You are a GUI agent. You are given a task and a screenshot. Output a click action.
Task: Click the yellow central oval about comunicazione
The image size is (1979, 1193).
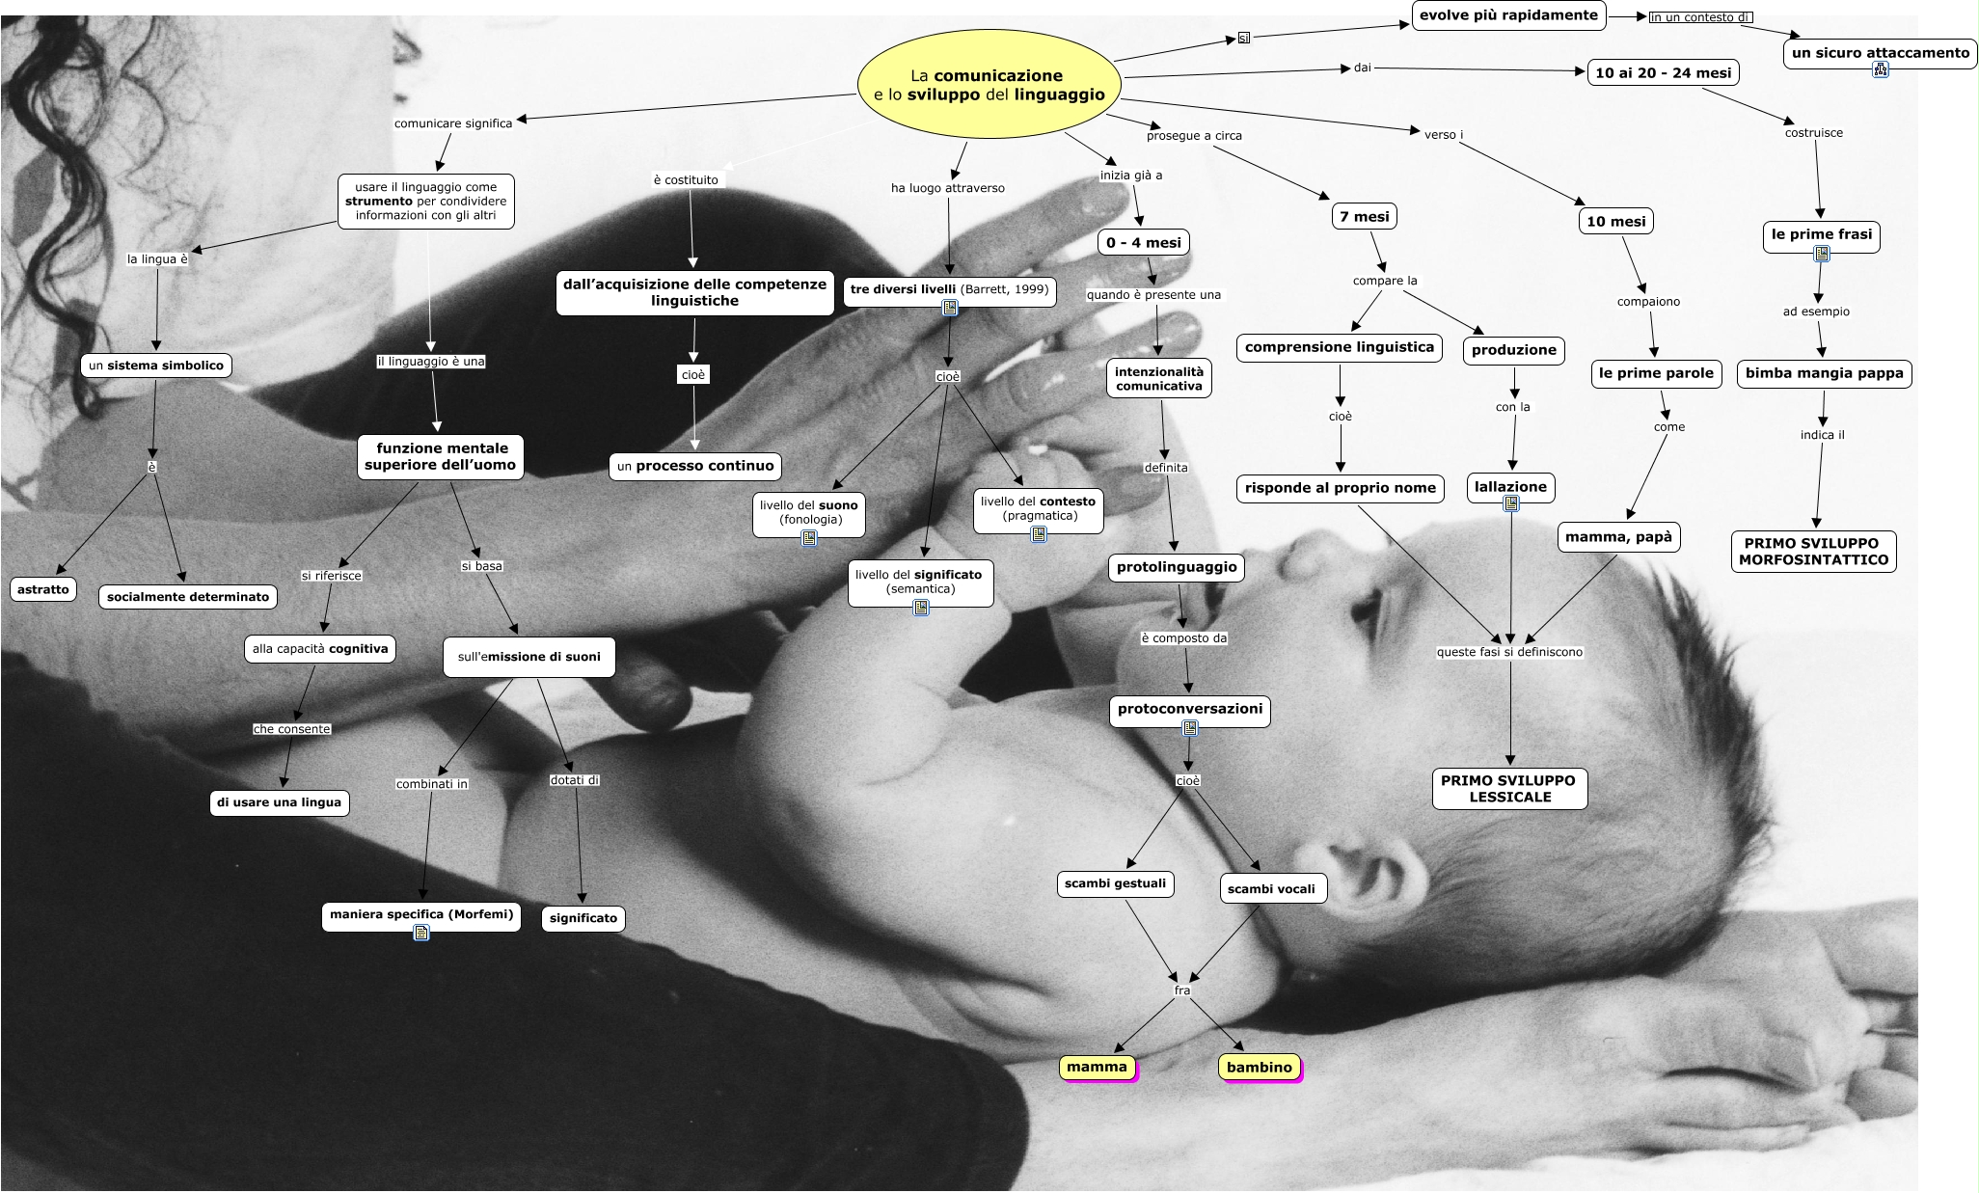989,85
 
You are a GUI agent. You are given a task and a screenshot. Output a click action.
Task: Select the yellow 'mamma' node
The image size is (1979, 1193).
1097,1067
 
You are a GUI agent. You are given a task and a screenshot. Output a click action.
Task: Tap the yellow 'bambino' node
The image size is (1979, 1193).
1259,1067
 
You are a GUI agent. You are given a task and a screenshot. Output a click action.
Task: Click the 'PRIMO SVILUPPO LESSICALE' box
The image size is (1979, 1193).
1509,788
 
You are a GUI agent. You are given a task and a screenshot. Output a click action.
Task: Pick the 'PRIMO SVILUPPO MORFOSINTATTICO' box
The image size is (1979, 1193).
1813,551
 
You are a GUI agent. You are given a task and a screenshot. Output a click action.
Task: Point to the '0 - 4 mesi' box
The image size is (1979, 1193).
1143,242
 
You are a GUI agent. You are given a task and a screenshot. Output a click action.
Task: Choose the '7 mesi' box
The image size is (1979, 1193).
1364,216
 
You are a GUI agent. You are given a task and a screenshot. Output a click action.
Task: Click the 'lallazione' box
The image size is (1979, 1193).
1510,486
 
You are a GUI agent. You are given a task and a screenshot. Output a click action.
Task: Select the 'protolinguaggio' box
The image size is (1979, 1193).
1176,567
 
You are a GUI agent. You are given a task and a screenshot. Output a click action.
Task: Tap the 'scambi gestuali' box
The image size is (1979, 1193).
1115,882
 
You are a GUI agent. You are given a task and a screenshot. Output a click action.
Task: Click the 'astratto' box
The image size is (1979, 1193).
43,588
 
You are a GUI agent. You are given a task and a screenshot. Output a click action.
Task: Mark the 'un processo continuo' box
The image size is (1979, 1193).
694,466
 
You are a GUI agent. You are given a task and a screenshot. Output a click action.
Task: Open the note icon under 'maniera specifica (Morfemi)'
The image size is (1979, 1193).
421,933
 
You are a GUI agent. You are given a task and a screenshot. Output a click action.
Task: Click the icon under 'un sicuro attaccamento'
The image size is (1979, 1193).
1880,69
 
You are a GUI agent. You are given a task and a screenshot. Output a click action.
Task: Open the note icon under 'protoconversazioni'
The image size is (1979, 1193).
1189,729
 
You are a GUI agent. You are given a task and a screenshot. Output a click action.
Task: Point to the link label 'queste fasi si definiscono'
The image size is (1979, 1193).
1509,652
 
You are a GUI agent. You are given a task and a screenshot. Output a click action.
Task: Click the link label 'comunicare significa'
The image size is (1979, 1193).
453,123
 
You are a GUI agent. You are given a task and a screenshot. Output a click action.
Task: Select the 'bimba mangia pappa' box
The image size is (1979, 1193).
1824,373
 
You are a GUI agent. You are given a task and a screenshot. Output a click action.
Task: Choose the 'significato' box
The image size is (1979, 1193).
583,918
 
